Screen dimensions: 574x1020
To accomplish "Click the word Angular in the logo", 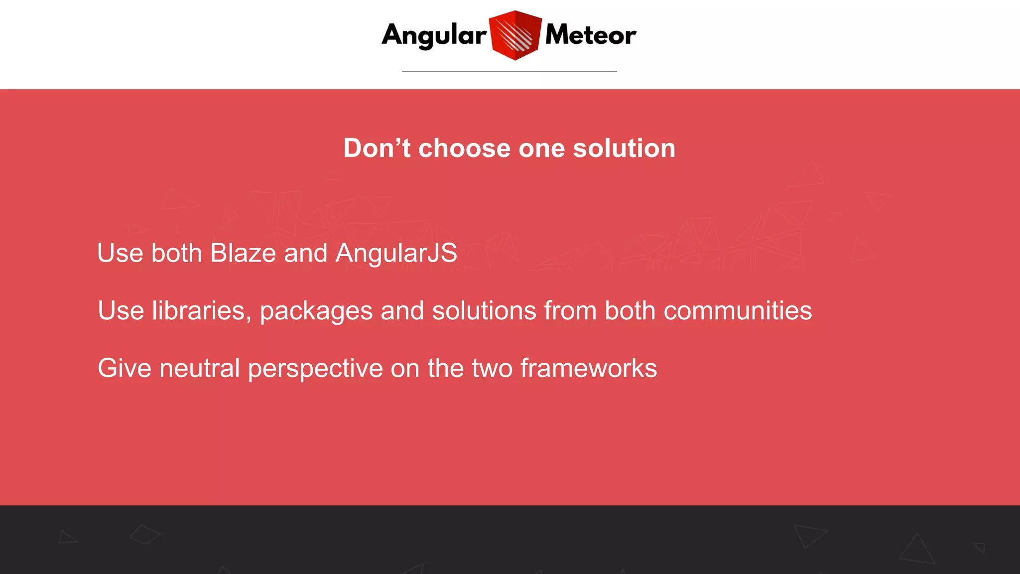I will [434, 36].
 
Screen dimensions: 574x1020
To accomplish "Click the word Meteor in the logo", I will [591, 35].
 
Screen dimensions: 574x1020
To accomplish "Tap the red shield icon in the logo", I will [515, 35].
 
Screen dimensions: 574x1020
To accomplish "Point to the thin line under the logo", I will [509, 71].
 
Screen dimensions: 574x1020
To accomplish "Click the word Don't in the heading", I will [377, 148].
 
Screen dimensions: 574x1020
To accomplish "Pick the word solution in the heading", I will [624, 148].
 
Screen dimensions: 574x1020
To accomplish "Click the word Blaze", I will [243, 253].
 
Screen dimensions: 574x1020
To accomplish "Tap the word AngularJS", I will [396, 253].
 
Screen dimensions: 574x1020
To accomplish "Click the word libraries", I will [199, 311].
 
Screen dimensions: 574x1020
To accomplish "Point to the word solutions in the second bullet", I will [484, 311].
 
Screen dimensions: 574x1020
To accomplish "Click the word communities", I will [738, 311].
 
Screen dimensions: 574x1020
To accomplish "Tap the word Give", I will [125, 369].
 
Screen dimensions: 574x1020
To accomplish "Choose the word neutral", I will [200, 369].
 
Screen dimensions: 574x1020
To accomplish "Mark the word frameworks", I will [589, 369].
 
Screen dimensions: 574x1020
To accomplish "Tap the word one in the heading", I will [542, 148].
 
